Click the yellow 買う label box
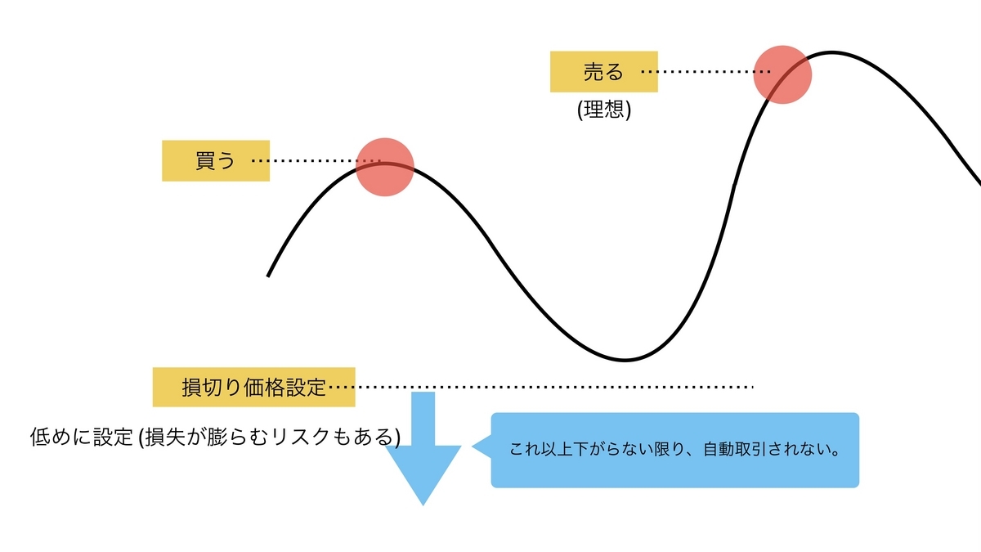coord(216,161)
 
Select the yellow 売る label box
coord(604,72)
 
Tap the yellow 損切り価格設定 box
coord(254,388)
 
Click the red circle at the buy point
coord(385,167)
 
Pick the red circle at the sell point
coord(782,75)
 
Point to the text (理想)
coord(604,110)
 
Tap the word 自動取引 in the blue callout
coord(735,450)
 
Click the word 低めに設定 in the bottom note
coord(81,437)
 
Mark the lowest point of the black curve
coord(625,360)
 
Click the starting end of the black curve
coord(268,276)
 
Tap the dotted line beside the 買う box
coord(316,161)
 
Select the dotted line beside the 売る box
coord(706,71)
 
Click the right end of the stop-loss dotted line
coord(752,388)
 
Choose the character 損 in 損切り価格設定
coord(191,388)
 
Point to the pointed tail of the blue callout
coord(473,447)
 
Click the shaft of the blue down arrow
coord(423,419)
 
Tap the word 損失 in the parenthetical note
coord(165,437)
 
